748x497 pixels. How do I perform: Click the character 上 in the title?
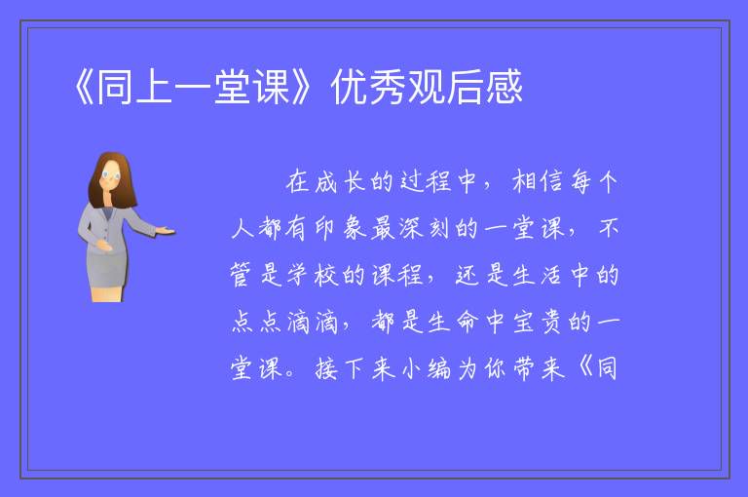click(x=154, y=88)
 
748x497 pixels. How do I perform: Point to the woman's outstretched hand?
click(x=165, y=232)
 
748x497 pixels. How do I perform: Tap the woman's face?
click(x=110, y=176)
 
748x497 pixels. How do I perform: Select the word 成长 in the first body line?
click(x=340, y=181)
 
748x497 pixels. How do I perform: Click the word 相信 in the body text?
click(x=538, y=181)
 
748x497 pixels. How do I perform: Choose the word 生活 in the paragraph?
click(x=538, y=275)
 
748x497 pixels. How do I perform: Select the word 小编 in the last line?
click(x=424, y=368)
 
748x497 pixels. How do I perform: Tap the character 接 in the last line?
click(x=326, y=368)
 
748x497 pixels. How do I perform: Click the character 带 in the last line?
click(x=524, y=368)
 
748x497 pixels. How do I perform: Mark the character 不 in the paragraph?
click(x=608, y=228)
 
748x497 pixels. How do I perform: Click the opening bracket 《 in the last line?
click(x=584, y=368)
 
